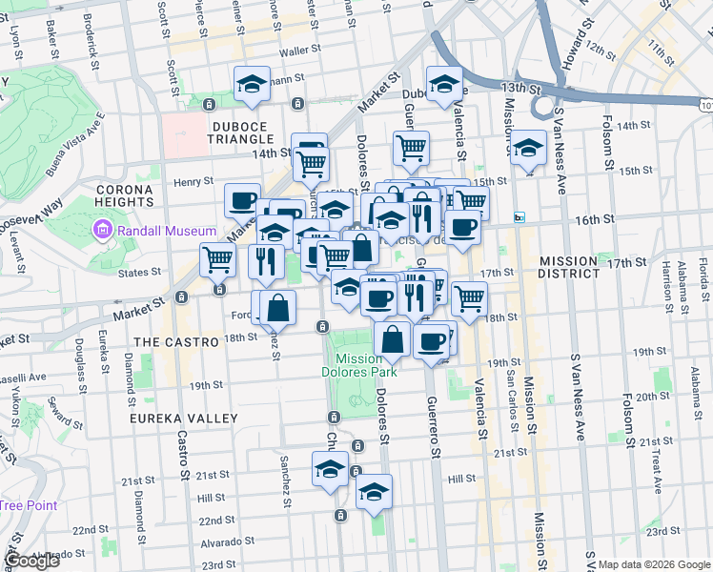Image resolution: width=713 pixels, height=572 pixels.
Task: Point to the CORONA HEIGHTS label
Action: point(125,195)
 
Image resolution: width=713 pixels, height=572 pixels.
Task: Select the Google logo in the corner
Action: point(31,561)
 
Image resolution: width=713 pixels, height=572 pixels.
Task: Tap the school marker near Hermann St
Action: point(252,83)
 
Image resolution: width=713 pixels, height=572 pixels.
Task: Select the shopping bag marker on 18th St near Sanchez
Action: point(278,307)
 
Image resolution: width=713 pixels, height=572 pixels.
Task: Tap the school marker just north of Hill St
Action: point(331,469)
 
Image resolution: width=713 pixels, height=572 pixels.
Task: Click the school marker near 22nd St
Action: point(375,493)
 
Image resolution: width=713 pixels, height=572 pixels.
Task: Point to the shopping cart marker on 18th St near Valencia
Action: point(469,297)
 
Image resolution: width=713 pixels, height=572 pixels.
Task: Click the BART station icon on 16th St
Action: point(519,218)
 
